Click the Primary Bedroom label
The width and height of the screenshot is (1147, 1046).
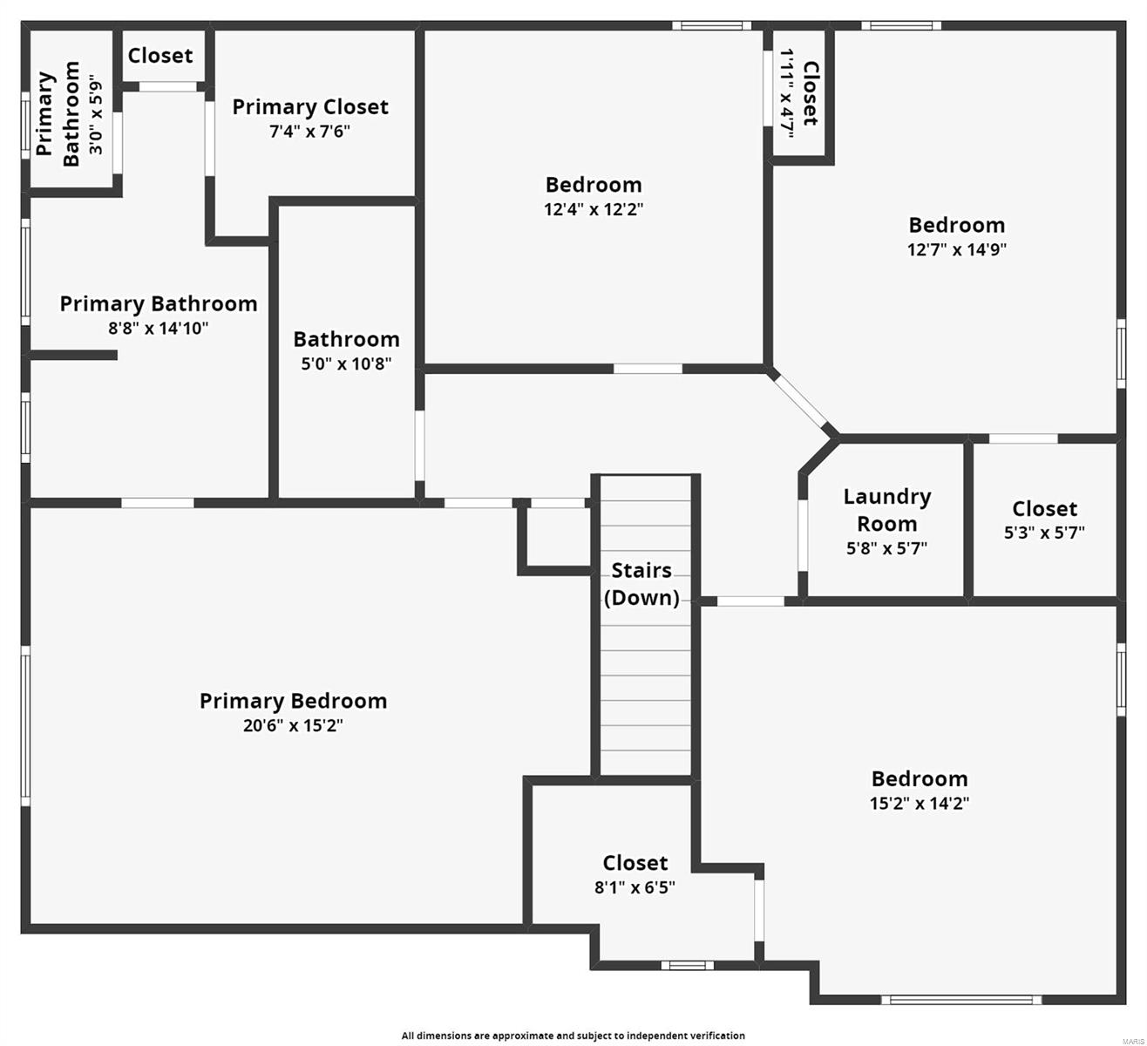pyautogui.click(x=293, y=701)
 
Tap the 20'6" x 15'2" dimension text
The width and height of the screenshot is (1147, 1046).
pyautogui.click(x=293, y=725)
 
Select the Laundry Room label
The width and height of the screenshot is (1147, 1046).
pyautogui.click(x=886, y=510)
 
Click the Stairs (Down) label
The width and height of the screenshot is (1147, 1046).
pyautogui.click(x=641, y=584)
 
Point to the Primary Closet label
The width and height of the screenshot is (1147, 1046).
pyautogui.click(x=310, y=107)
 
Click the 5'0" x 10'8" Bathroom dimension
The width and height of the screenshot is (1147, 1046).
pyautogui.click(x=346, y=363)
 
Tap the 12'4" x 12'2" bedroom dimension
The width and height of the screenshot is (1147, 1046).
pyautogui.click(x=594, y=209)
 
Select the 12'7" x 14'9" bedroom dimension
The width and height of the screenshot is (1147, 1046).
pyautogui.click(x=956, y=249)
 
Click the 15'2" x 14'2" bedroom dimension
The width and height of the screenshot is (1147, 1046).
pyautogui.click(x=920, y=803)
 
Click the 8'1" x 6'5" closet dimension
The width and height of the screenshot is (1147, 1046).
pyautogui.click(x=635, y=887)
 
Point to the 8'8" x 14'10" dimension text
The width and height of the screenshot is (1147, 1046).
pyautogui.click(x=159, y=329)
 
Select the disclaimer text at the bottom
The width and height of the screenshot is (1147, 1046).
pyautogui.click(x=573, y=1036)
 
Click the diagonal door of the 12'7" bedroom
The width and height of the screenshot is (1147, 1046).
pyautogui.click(x=801, y=401)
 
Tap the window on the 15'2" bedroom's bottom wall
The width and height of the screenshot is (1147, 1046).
pyautogui.click(x=960, y=1000)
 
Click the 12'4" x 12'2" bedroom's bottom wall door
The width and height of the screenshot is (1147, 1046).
pyautogui.click(x=648, y=369)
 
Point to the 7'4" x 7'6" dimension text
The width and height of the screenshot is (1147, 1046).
pyautogui.click(x=310, y=132)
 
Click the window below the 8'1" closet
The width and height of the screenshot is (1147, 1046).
pyautogui.click(x=687, y=965)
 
